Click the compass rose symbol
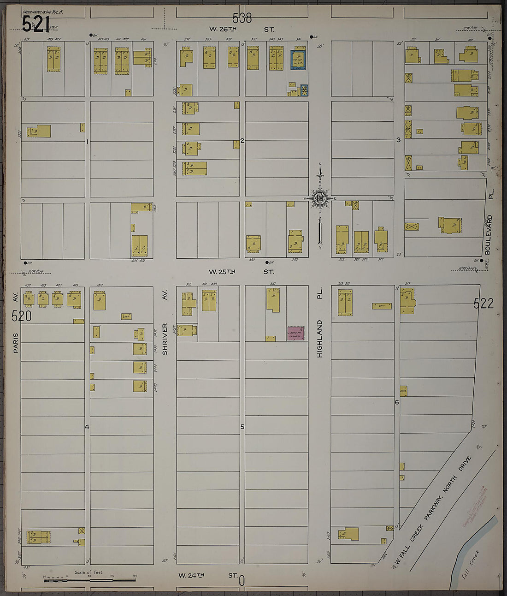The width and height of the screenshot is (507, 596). (319, 198)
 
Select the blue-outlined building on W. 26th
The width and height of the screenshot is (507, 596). (298, 60)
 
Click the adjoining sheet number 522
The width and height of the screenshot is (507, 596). (483, 303)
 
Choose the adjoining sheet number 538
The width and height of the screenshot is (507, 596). (242, 18)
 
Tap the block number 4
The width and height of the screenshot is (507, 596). (87, 427)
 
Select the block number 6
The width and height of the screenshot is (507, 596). (396, 402)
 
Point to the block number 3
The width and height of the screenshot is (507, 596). (398, 140)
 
